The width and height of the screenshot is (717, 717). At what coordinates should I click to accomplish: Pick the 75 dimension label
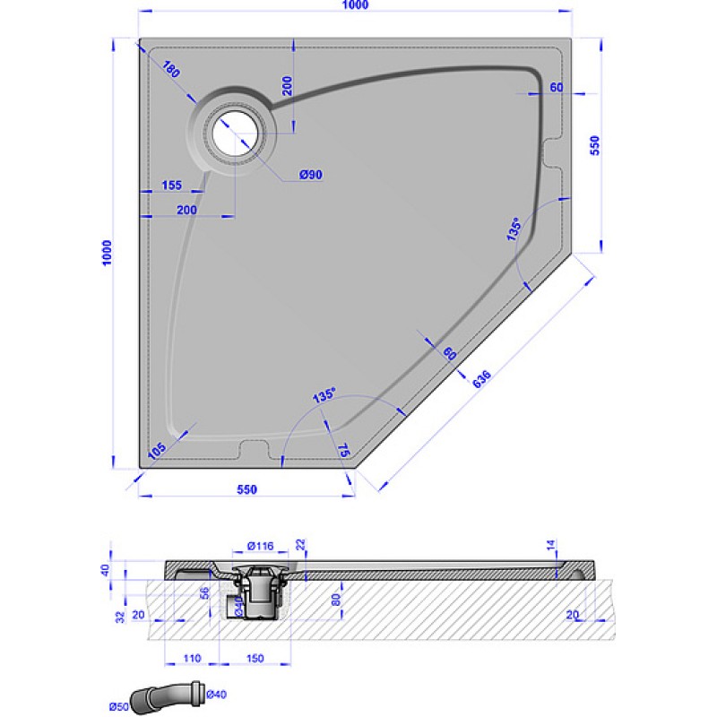tap(343, 450)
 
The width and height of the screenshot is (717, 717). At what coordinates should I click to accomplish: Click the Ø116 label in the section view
tap(259, 546)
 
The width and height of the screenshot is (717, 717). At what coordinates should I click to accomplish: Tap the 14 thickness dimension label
tap(551, 544)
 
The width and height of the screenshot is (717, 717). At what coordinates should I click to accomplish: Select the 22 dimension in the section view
tap(300, 544)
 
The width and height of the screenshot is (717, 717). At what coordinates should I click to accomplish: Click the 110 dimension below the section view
tap(191, 658)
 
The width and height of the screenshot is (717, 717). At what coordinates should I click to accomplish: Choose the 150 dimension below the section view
tap(255, 658)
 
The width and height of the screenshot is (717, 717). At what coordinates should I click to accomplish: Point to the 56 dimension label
tap(203, 592)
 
